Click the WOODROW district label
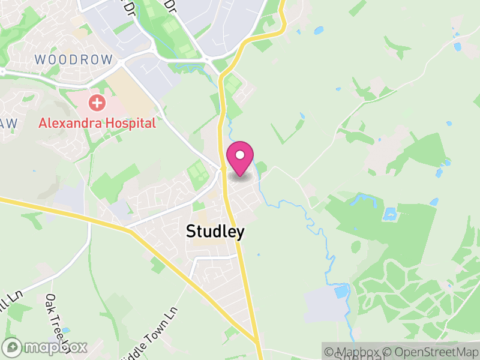(74, 59)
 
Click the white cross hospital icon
(96, 103)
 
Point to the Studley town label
(215, 232)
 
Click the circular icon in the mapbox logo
(13, 347)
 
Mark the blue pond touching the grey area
(341, 292)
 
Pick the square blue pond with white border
(391, 214)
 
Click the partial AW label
(10, 123)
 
